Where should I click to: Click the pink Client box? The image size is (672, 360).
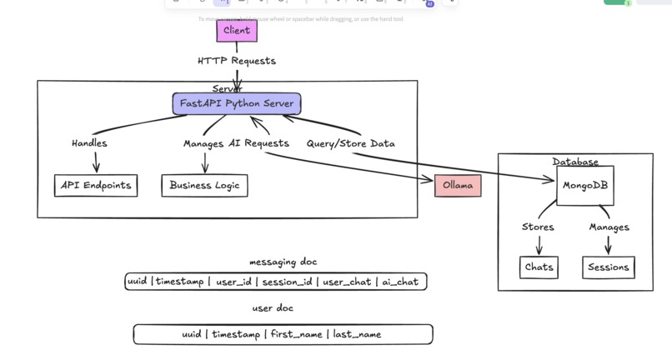(x=237, y=31)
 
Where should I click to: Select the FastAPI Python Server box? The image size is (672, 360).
(x=237, y=104)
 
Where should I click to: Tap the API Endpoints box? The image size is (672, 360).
(x=96, y=186)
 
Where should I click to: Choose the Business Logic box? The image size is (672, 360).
(x=204, y=186)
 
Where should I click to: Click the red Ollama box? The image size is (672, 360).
(x=458, y=186)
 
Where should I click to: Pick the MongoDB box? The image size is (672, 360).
(x=585, y=186)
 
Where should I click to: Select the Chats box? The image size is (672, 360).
(x=539, y=267)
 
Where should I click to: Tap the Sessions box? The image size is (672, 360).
(x=609, y=267)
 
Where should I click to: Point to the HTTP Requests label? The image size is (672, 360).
(x=237, y=61)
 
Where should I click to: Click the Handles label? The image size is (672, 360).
(x=89, y=143)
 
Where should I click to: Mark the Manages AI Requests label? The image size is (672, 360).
(x=236, y=143)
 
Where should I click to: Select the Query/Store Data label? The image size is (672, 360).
(x=350, y=143)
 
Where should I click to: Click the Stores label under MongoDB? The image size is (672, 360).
(x=538, y=227)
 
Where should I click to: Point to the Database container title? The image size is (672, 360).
(x=575, y=162)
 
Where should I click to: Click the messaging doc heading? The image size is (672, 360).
(x=283, y=262)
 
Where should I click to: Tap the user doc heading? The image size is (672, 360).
(x=273, y=308)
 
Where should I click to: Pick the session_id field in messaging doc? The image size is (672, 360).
(x=288, y=282)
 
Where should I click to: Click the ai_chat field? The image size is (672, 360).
(x=400, y=282)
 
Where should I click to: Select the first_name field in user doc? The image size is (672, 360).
(x=298, y=334)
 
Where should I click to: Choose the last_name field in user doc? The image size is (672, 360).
(x=357, y=334)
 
